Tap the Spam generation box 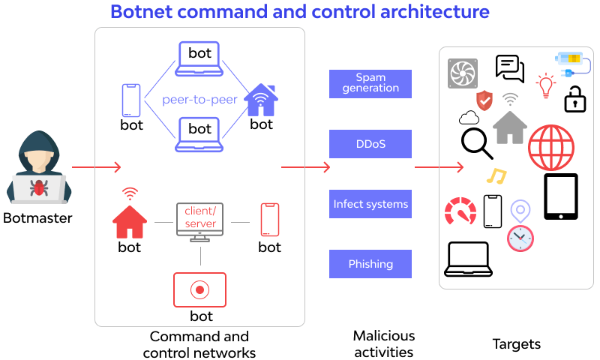[x=370, y=83]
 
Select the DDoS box [x=370, y=144]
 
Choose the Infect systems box [x=370, y=204]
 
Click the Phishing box [x=370, y=264]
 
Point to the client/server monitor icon [x=200, y=221]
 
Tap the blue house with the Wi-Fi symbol [x=261, y=100]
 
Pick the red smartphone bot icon [x=269, y=220]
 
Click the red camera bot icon [x=199, y=289]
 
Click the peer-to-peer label [x=199, y=100]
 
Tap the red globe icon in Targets [x=551, y=147]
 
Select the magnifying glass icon [x=476, y=143]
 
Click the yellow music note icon [x=496, y=176]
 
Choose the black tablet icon [x=560, y=196]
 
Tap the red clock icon [x=520, y=238]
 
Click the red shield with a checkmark [x=484, y=99]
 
